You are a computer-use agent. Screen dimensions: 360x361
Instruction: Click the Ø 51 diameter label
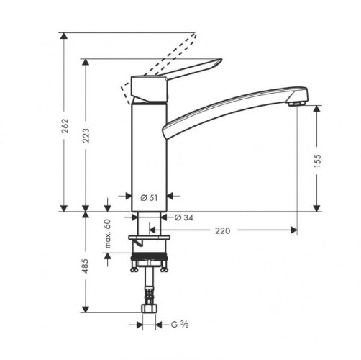(x=148, y=197)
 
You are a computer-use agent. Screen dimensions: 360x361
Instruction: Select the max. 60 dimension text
(x=109, y=235)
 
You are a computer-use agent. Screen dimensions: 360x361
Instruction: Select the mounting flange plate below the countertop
(x=148, y=237)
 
